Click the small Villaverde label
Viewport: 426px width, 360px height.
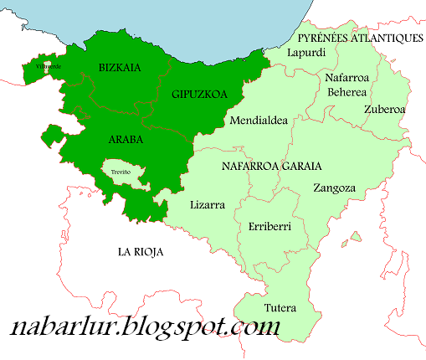point(49,64)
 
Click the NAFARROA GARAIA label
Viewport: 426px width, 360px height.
point(272,166)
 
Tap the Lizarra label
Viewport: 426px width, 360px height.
point(208,204)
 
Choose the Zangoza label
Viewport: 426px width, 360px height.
point(334,188)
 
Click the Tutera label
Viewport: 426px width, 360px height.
point(280,307)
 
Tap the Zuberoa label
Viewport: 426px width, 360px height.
point(385,109)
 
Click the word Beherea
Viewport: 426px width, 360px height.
point(348,91)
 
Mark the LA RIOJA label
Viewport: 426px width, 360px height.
point(140,251)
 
